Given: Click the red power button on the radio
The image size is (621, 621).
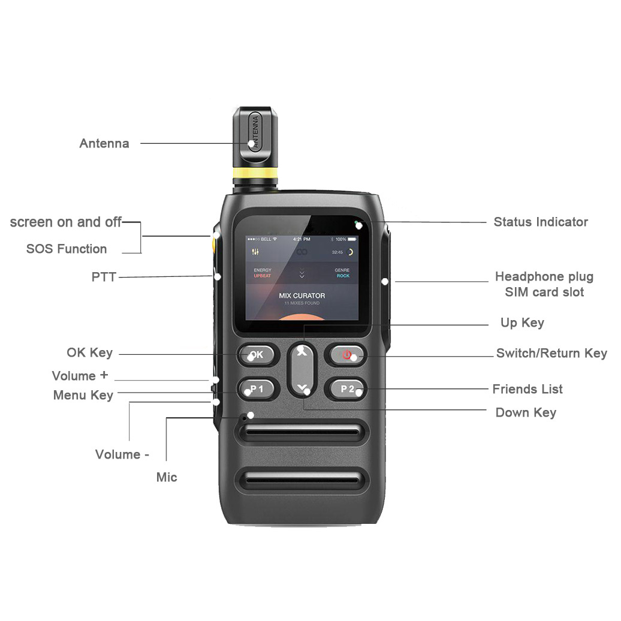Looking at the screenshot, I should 347,354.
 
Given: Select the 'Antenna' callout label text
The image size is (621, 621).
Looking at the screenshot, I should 104,144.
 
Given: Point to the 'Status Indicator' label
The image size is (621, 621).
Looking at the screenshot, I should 541,222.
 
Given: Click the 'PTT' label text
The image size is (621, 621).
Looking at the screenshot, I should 104,277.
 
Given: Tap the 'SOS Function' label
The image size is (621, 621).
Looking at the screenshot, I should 67,249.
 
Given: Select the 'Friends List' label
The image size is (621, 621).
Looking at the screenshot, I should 527,390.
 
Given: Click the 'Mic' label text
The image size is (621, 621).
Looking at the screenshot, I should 167,477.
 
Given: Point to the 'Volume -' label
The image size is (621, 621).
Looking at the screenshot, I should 122,454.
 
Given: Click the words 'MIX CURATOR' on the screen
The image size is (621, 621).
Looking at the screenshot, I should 302,296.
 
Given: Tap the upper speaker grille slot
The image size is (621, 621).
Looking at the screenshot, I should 303,432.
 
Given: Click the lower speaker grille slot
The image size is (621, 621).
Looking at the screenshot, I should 303,480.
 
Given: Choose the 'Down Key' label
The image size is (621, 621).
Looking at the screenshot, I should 526,413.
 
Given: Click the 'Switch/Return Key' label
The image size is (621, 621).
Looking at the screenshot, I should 551,354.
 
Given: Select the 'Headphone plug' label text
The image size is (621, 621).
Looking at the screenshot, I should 544,277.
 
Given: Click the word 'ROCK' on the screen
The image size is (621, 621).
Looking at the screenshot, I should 343,276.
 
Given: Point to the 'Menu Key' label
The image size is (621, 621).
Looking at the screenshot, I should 83,396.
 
